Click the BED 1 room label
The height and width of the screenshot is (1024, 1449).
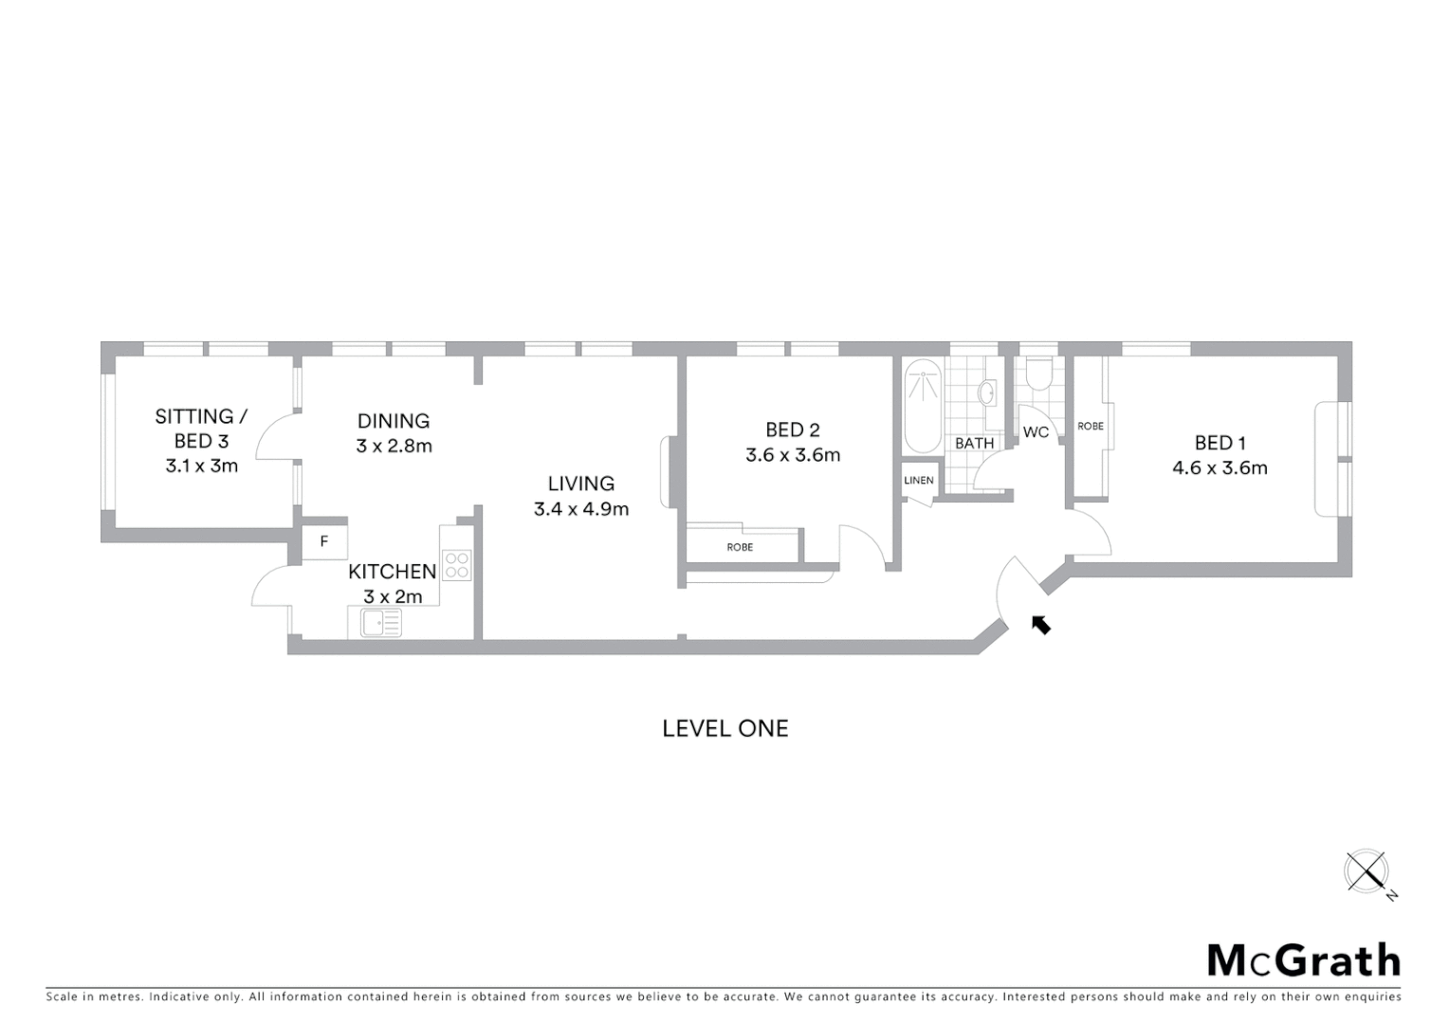1220,443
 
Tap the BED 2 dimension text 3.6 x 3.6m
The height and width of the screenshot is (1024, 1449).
793,455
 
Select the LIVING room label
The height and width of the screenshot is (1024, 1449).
580,484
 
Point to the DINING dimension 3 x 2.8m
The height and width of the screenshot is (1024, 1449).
394,446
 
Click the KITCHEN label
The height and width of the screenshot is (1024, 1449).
392,572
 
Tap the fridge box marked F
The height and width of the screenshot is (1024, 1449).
324,542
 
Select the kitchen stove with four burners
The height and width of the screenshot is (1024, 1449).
457,565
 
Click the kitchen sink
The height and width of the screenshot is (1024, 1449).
381,623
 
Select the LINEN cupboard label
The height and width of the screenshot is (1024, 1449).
918,481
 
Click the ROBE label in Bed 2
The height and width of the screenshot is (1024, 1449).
740,547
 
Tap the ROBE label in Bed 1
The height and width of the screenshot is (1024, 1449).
1091,427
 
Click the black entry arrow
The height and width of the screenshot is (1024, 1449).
1041,624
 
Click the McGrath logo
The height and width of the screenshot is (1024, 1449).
1303,960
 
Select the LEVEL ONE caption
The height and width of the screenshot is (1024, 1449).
724,728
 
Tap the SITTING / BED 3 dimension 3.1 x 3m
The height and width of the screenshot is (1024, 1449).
201,466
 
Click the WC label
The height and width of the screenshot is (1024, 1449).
1036,432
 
